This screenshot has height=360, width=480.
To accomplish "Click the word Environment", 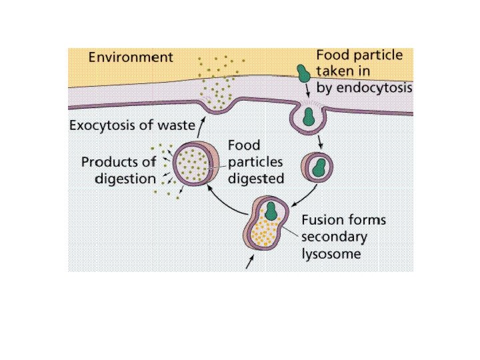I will tap(131, 57).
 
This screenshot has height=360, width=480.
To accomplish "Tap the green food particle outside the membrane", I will tap(304, 73).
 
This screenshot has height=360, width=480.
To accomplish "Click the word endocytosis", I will tap(377, 88).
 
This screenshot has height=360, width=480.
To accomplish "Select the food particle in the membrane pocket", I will tap(308, 117).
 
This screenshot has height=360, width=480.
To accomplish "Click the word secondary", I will tap(335, 237).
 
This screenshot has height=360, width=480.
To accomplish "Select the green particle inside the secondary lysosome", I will tap(273, 211).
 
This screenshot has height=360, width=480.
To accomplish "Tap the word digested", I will tap(255, 178).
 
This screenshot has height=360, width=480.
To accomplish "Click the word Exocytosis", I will tap(101, 125).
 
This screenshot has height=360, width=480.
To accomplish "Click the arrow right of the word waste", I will tap(199, 122).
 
